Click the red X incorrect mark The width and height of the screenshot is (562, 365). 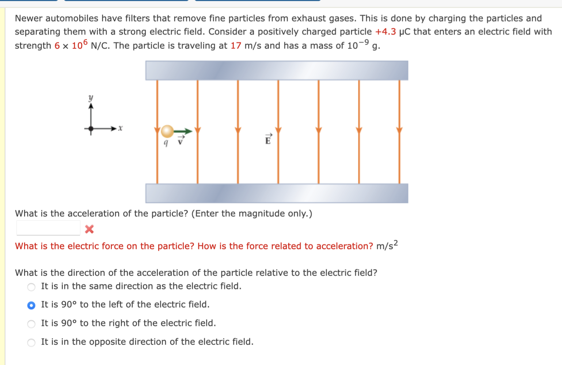[89, 229]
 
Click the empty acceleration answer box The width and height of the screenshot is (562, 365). [48, 228]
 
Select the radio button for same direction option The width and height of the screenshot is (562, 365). [31, 287]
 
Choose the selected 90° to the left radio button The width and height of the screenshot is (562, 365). [31, 305]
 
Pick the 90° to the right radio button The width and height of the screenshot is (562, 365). [31, 324]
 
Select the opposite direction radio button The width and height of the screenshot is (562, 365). [31, 342]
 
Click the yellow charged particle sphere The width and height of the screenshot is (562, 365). [167, 131]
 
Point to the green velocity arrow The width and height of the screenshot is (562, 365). [183, 131]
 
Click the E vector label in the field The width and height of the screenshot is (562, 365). [268, 139]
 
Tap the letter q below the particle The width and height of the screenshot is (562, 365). [166, 143]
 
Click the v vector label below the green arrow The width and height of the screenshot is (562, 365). [180, 141]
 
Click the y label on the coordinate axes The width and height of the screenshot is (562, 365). [91, 98]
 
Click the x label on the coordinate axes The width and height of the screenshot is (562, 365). [121, 128]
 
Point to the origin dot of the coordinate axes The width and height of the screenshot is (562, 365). [91, 128]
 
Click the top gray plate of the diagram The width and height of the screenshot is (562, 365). [277, 70]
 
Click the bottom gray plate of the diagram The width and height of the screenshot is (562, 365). [277, 193]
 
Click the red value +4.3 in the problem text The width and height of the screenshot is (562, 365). [386, 32]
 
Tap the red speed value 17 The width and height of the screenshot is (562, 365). [236, 46]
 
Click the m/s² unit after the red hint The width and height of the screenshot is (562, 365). [387, 246]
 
